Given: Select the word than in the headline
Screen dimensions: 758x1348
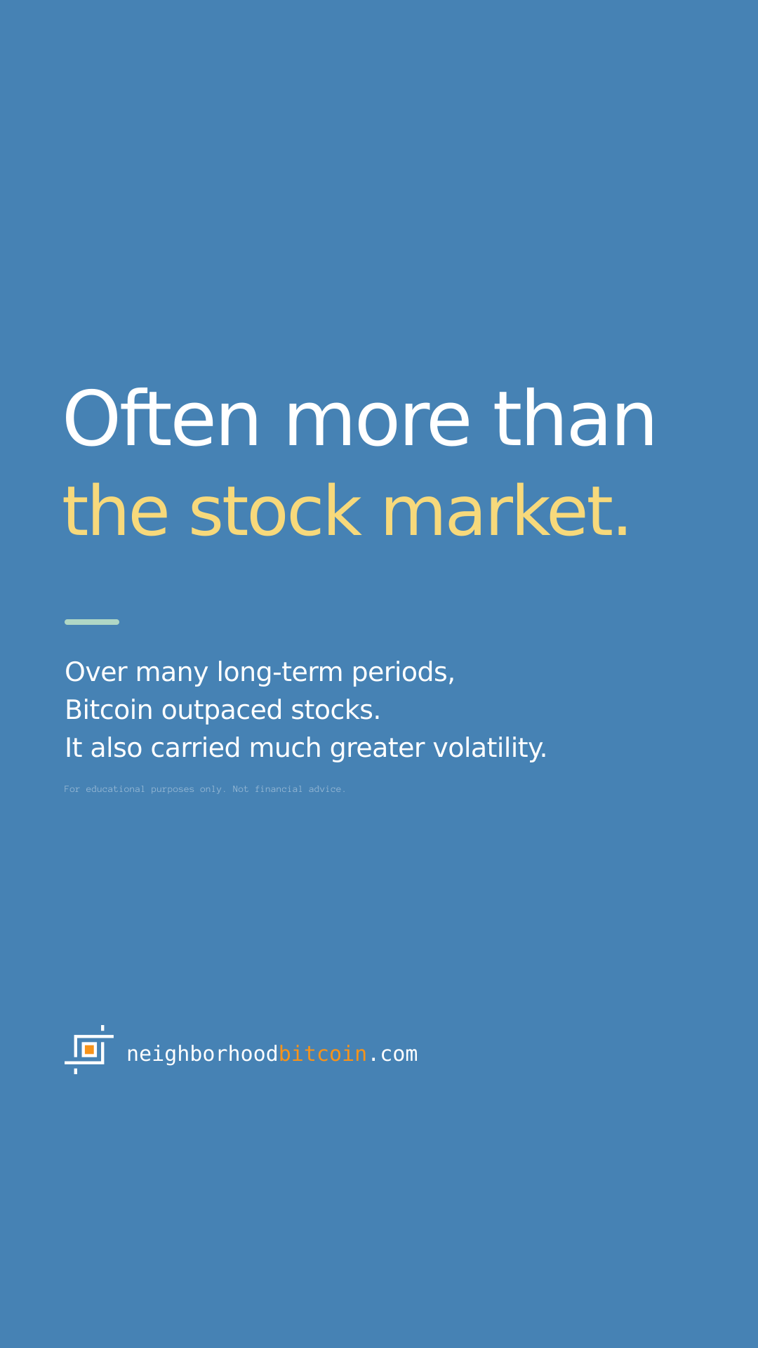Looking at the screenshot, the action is (574, 418).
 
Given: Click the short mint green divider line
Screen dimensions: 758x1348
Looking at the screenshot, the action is (92, 622).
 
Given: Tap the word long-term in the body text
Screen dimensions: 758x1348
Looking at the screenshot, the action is (279, 673).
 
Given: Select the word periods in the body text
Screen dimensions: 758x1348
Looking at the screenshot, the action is (403, 673).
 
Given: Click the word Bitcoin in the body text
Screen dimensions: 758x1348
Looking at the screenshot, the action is (109, 710).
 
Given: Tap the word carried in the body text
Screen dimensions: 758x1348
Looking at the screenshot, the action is (196, 748).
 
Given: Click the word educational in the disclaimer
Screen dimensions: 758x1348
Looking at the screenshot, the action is (115, 789).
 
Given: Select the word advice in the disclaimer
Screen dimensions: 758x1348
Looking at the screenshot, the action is (327, 789).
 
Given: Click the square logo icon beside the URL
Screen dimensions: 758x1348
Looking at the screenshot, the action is (89, 1050).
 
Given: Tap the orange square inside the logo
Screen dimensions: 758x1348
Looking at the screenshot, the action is (89, 1050).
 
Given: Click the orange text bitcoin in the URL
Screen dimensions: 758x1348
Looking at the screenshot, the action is (323, 1054).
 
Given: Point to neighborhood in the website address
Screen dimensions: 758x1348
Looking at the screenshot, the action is (202, 1055).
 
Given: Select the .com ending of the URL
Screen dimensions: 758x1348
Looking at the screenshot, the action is (393, 1055).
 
